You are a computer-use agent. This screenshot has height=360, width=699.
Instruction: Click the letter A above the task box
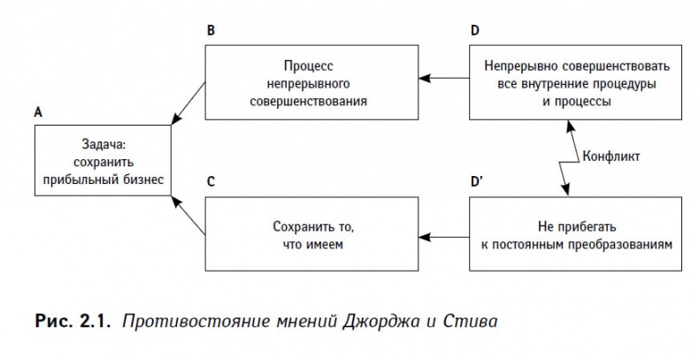point(37,112)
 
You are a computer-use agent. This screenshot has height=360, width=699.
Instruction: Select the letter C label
point(210,182)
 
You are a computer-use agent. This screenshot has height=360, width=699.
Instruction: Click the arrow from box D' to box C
point(444,235)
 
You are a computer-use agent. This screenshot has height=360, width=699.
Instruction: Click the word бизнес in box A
point(140,177)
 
